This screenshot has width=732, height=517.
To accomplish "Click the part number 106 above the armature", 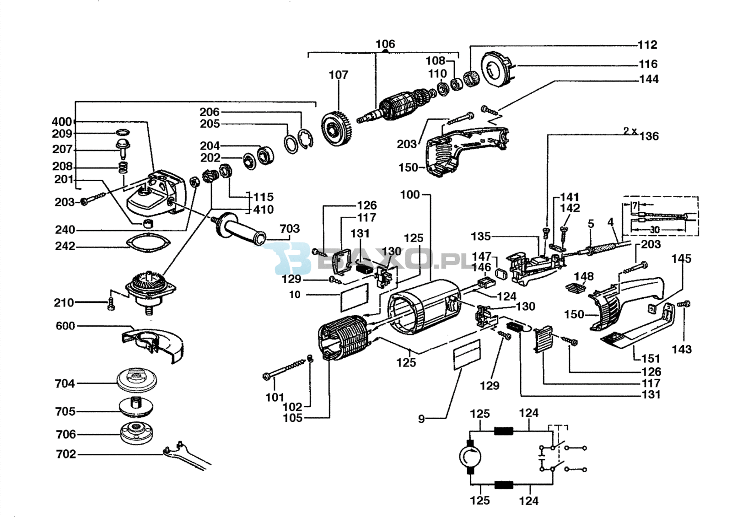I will (x=385, y=44).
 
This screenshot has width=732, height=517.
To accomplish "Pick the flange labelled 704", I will (x=137, y=379).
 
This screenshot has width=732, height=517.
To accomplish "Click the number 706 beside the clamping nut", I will (x=66, y=434).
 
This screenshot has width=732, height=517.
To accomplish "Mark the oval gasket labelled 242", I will (x=148, y=242).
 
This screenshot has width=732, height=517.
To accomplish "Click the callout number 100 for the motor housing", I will (x=410, y=195).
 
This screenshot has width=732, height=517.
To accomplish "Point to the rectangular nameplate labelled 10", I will (x=354, y=296).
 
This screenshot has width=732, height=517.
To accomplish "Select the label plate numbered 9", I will (x=467, y=354).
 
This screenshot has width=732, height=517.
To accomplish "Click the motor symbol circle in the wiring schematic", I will (x=470, y=456).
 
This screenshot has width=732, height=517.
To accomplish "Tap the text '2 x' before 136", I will (x=630, y=131).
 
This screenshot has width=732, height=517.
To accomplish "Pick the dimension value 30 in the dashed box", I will (x=655, y=230).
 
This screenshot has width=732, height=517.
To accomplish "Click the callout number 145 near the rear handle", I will (x=681, y=259).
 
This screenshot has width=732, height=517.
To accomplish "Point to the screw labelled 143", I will (x=685, y=304).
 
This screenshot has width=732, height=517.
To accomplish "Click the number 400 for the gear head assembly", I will (x=62, y=122).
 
